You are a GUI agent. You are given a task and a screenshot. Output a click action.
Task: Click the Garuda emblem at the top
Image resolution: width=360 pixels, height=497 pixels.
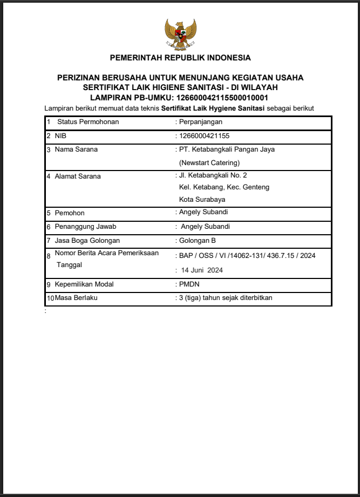180,34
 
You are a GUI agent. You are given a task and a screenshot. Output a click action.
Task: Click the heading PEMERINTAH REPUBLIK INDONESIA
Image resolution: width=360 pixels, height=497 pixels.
180,58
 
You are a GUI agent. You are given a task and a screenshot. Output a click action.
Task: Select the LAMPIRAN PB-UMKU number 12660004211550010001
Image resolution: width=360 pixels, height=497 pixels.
222,98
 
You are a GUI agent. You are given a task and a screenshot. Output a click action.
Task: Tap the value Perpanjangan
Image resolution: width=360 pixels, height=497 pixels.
201,122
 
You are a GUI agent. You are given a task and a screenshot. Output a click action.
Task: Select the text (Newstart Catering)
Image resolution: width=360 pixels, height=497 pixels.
209,162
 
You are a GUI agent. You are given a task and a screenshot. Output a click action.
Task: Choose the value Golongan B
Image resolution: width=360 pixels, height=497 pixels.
198,241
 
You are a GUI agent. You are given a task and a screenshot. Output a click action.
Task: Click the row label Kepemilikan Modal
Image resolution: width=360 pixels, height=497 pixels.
84,284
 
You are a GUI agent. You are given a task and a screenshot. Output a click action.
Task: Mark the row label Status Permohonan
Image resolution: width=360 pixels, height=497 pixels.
88,122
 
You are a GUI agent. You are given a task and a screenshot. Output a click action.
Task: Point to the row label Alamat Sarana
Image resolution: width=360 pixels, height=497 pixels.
78,176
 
